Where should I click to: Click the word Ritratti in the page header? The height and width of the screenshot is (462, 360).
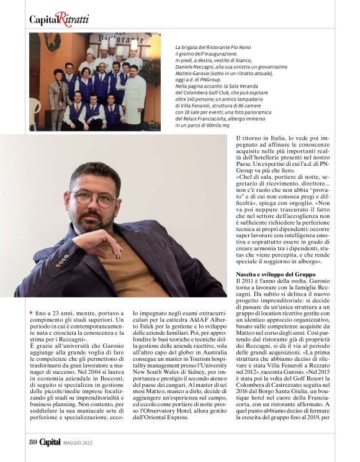pos(73,19)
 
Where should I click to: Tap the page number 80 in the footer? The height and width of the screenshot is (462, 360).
pos(34,442)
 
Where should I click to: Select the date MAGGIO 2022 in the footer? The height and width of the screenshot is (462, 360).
pos(80,442)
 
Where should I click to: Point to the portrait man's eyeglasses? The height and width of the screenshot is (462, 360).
pos(93,198)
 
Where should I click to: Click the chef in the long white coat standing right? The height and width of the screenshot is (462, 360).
pos(134,93)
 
